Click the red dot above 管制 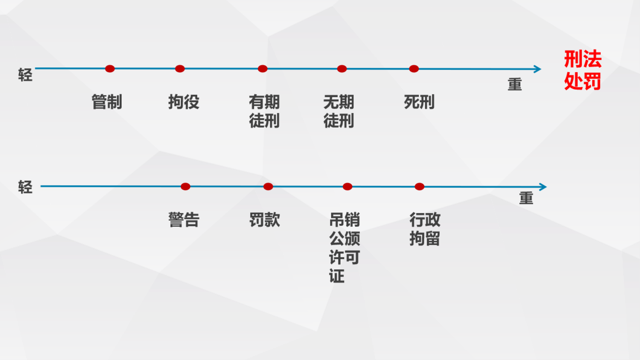pyautogui.click(x=110, y=69)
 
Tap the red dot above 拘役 pyautogui.click(x=180, y=69)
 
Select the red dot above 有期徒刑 pyautogui.click(x=262, y=69)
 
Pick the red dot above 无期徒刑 pyautogui.click(x=342, y=69)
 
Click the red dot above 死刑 pyautogui.click(x=414, y=69)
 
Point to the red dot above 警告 pyautogui.click(x=185, y=187)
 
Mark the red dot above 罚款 pyautogui.click(x=268, y=187)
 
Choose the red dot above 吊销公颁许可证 pyautogui.click(x=347, y=187)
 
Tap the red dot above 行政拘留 pyautogui.click(x=419, y=187)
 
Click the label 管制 pyautogui.click(x=107, y=102)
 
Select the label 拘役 pyautogui.click(x=184, y=102)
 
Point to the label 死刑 pyautogui.click(x=419, y=102)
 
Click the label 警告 pyautogui.click(x=184, y=220)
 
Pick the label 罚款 pyautogui.click(x=265, y=220)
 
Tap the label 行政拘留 pyautogui.click(x=425, y=229)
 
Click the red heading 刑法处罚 pyautogui.click(x=583, y=70)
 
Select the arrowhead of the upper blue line pyautogui.click(x=537, y=69)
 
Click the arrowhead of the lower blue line pyautogui.click(x=543, y=187)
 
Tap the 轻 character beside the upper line pyautogui.click(x=25, y=75)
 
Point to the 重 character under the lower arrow pyautogui.click(x=526, y=198)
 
